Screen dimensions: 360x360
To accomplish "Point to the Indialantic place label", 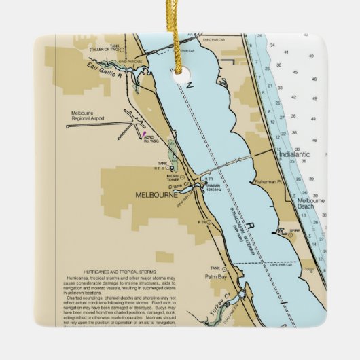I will [293, 154].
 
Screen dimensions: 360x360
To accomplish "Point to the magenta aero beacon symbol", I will [143, 133].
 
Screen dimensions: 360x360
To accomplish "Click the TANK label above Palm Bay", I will [215, 268].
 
